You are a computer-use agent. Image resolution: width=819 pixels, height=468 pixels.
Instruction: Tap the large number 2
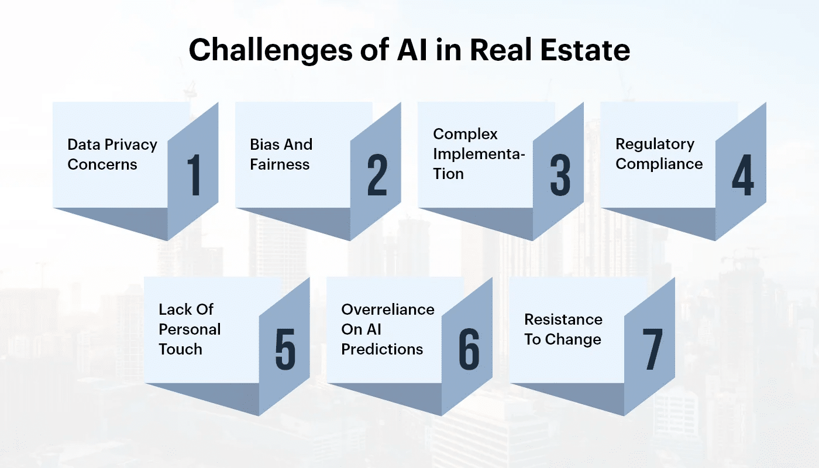coord(377,175)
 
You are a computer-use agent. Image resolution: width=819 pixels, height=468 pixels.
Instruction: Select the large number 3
coord(560,175)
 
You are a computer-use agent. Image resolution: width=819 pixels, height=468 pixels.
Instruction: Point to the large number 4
coord(743,175)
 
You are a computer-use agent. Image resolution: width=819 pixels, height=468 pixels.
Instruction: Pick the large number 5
coord(285,350)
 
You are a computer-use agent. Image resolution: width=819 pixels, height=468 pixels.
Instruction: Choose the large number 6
coord(469,350)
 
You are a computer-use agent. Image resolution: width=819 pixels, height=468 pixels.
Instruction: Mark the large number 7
coord(652,350)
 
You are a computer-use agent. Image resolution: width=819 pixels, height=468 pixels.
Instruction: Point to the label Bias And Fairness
coord(281,154)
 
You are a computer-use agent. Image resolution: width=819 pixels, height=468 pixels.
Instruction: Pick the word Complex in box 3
coord(466,134)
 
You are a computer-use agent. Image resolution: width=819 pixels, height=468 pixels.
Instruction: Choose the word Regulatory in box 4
coord(655,144)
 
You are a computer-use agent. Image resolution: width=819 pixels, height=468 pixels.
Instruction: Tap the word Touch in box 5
coord(180,349)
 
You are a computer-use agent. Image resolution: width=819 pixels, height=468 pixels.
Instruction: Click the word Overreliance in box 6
coord(388,309)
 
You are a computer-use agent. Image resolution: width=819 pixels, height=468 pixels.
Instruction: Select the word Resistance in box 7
coord(563,319)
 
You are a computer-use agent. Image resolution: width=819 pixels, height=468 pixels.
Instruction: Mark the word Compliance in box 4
coord(659,164)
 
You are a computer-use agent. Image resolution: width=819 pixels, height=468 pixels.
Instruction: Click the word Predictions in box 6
coord(382,349)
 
